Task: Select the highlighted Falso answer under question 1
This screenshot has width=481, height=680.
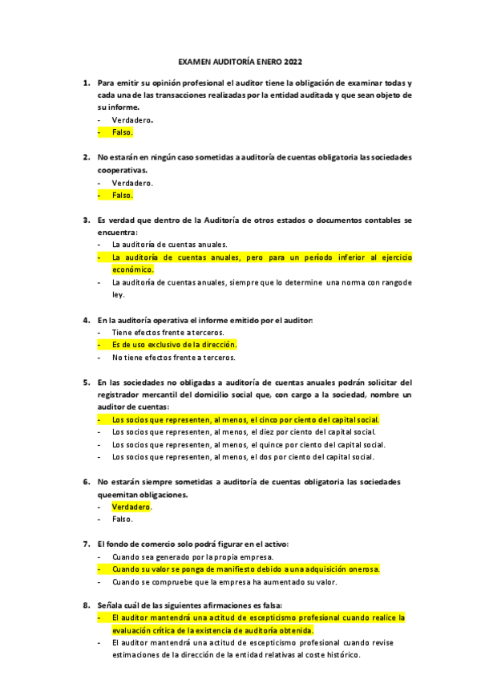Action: pyautogui.click(x=122, y=132)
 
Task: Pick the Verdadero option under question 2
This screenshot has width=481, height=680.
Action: pyautogui.click(x=132, y=182)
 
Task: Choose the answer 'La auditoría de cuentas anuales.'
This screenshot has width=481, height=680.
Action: pyautogui.click(x=170, y=244)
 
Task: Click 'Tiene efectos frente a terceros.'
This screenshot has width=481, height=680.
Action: pyautogui.click(x=168, y=332)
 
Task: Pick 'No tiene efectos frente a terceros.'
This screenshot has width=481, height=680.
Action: pyautogui.click(x=174, y=358)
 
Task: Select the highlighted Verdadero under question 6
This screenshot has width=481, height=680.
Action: pyautogui.click(x=131, y=507)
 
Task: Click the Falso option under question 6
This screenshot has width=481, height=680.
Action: pyautogui.click(x=122, y=520)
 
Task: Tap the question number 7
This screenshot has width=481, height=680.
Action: pyautogui.click(x=86, y=544)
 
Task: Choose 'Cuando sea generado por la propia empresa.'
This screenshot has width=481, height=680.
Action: pyautogui.click(x=192, y=557)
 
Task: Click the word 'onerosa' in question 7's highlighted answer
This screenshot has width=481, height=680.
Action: pyautogui.click(x=361, y=569)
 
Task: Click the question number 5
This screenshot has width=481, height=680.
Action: pyautogui.click(x=86, y=382)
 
